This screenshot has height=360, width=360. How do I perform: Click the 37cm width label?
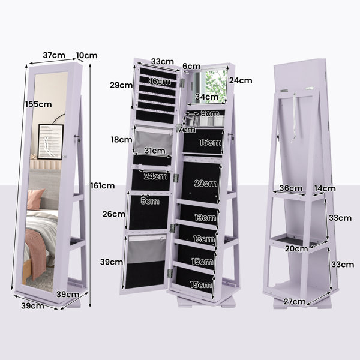[54, 55]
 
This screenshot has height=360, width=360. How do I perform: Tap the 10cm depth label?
[87, 55]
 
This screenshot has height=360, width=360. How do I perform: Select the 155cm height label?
[38, 104]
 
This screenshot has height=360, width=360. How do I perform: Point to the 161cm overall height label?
[103, 185]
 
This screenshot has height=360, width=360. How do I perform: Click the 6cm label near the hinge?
[191, 67]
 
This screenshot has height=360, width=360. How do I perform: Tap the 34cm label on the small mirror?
[207, 97]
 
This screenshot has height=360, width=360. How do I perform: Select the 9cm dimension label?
[210, 113]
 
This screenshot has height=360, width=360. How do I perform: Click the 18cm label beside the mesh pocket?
[121, 139]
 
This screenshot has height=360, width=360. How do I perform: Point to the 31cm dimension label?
[155, 151]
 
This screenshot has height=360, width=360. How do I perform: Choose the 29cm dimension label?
[121, 85]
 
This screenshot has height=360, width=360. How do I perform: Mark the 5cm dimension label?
[150, 201]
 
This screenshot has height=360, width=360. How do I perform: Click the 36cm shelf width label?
[290, 188]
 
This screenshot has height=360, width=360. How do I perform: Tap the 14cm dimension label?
[325, 188]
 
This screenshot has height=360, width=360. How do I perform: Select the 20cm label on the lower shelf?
[296, 248]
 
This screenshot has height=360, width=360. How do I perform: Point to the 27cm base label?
[295, 301]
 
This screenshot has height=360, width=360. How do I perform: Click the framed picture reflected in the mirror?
[50, 142]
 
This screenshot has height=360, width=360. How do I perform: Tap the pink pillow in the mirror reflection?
[35, 199]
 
